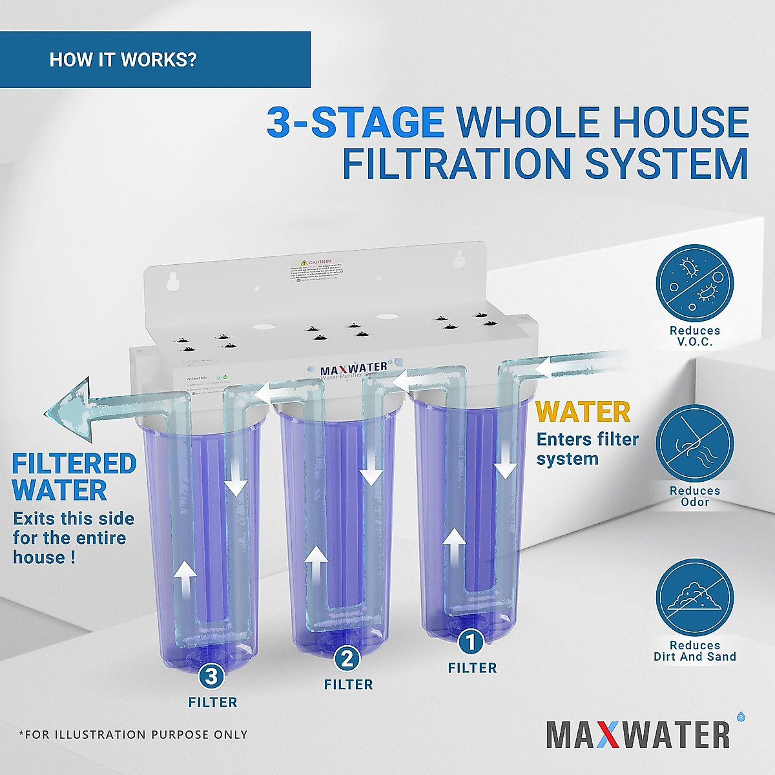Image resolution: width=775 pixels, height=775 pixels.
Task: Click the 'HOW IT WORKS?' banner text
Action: point(123,60)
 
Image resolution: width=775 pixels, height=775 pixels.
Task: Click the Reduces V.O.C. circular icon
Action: point(695,282)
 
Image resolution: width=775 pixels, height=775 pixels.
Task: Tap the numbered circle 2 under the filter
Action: point(347,659)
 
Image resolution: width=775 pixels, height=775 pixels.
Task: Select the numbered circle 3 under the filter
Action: point(212,677)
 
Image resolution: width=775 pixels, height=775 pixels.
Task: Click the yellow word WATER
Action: point(583,411)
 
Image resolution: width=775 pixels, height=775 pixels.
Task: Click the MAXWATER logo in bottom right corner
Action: point(638,734)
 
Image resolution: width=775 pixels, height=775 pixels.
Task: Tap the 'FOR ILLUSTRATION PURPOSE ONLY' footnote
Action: point(133,734)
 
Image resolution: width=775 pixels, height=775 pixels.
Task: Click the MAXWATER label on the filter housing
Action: point(354,369)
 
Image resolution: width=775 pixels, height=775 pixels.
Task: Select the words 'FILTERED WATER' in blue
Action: point(74,477)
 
